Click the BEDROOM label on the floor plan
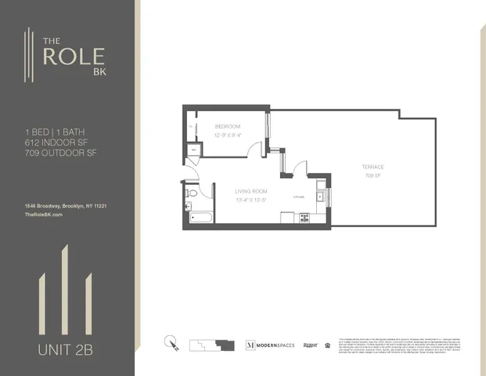(x=228, y=125)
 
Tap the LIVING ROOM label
(x=252, y=190)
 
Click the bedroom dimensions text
(x=228, y=134)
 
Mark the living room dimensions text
(x=252, y=199)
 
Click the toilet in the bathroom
(x=190, y=193)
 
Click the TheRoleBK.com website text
(x=43, y=214)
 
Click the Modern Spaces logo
(x=271, y=345)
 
